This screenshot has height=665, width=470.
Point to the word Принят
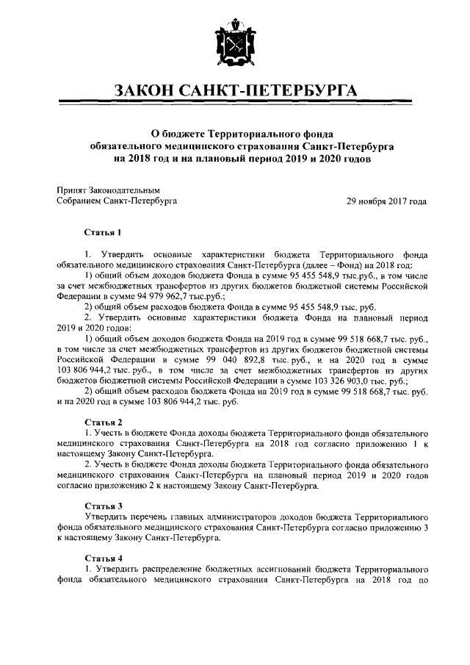[x=71, y=190]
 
